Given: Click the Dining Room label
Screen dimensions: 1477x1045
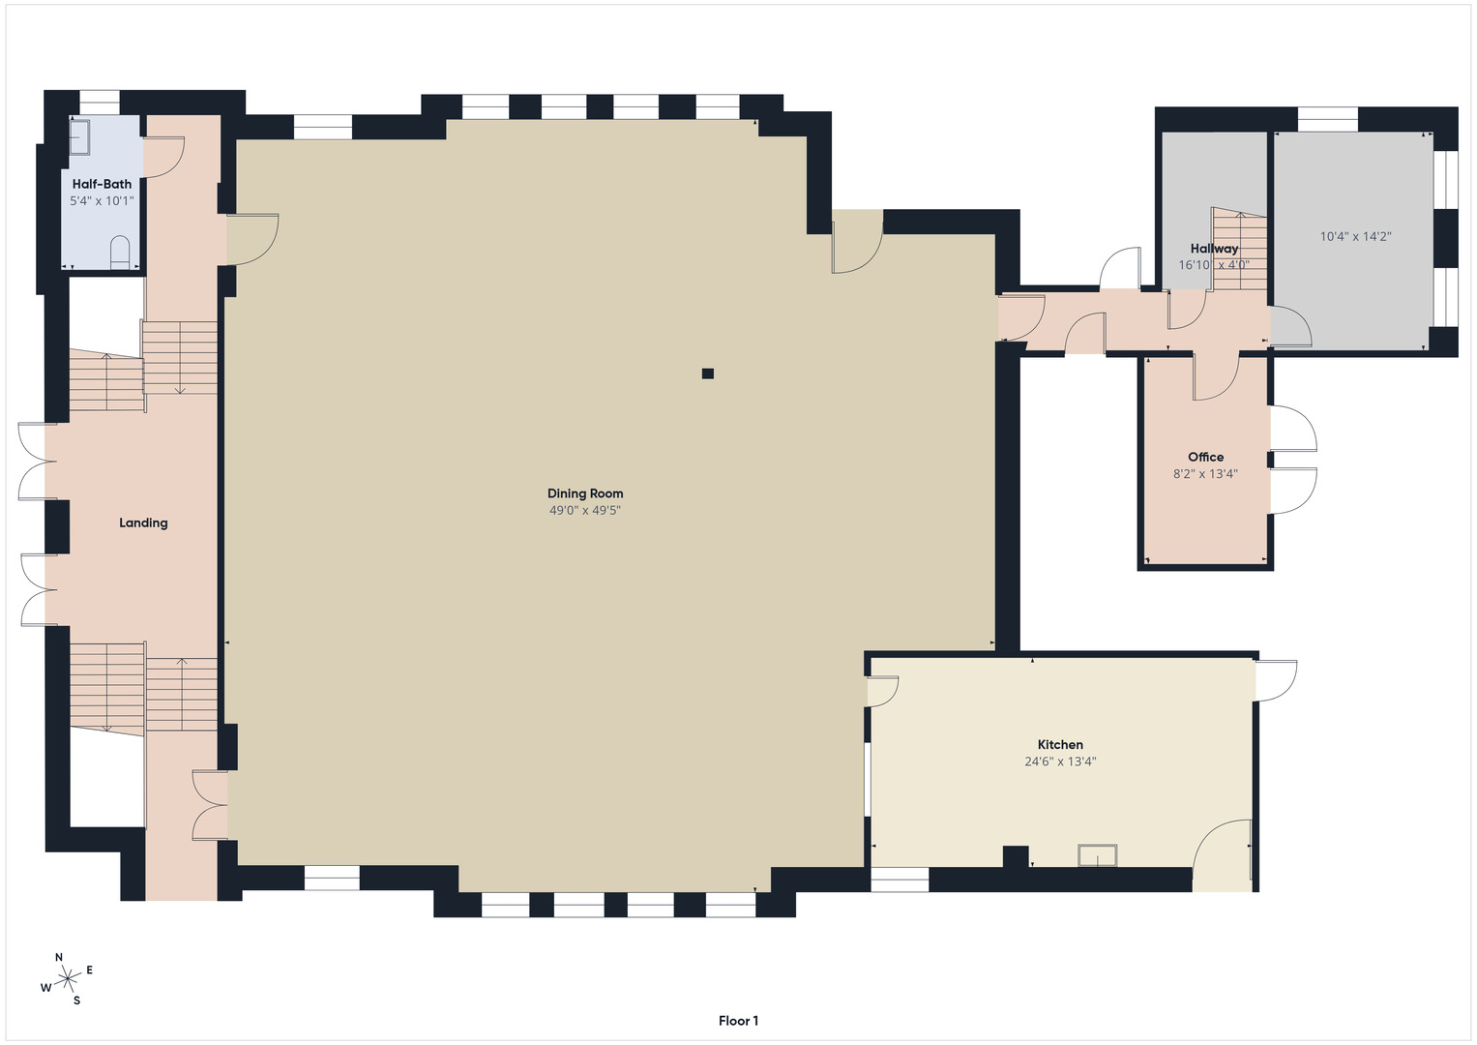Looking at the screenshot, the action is (585, 493).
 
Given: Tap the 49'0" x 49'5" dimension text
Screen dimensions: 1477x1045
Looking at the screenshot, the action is (585, 510).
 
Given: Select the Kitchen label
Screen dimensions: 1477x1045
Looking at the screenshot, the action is (1060, 745).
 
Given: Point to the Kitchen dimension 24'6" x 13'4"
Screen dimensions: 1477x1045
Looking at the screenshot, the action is (1060, 761).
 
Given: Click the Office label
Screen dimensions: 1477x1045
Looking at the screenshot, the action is (1205, 457).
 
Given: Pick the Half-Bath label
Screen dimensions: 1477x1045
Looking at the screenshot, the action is (102, 184).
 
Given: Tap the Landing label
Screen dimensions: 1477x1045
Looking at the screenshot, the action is (143, 523).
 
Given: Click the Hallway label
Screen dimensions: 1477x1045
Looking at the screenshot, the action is (1214, 249).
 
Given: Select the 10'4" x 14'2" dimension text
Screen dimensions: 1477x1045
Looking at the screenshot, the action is (1355, 236).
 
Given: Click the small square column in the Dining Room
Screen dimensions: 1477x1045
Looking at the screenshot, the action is (707, 373).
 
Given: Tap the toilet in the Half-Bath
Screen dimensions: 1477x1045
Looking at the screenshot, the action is (120, 253).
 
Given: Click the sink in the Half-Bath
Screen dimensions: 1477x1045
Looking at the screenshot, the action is (80, 136).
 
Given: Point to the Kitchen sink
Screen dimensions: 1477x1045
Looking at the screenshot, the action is (1097, 855).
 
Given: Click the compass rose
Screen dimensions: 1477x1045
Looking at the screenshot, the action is (68, 979).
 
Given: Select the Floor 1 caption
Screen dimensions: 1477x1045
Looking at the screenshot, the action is (739, 1021).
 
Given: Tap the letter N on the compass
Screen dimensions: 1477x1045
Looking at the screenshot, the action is (59, 957).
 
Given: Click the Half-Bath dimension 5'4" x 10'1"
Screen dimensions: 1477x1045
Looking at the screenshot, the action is (102, 200).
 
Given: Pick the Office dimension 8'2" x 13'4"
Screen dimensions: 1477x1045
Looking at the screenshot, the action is (1205, 474).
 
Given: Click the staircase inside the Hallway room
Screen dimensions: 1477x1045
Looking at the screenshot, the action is (1240, 250).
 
